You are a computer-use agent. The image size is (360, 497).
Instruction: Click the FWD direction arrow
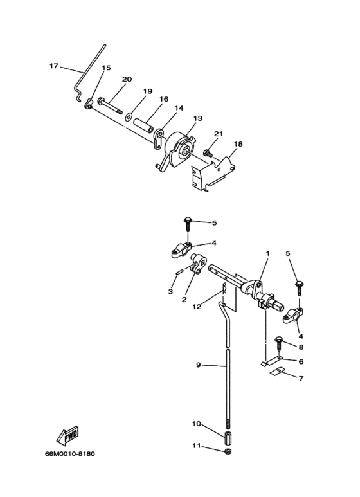pyautogui.click(x=67, y=436)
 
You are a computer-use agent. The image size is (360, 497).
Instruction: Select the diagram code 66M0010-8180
pyautogui.click(x=69, y=454)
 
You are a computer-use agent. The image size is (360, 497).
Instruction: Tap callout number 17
pyautogui.click(x=54, y=66)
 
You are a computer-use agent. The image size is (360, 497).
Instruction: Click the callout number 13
pyautogui.click(x=198, y=118)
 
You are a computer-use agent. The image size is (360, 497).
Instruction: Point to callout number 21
pyautogui.click(x=219, y=134)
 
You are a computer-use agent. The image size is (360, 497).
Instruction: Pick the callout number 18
pyautogui.click(x=238, y=144)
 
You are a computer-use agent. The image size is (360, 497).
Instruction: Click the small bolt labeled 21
pyautogui.click(x=208, y=153)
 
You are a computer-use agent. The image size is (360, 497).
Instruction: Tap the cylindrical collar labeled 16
pyautogui.click(x=143, y=125)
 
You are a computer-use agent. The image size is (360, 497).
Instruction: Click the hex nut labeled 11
pyautogui.click(x=227, y=451)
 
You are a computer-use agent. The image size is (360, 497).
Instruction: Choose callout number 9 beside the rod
pyautogui.click(x=199, y=365)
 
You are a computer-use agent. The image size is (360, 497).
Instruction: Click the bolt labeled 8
pyautogui.click(x=278, y=343)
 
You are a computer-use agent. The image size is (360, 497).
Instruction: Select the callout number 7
pyautogui.click(x=301, y=378)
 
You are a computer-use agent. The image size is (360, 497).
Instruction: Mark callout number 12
pyautogui.click(x=197, y=307)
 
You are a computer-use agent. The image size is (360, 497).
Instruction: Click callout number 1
pyautogui.click(x=268, y=253)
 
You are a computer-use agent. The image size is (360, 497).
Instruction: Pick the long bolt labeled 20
pyautogui.click(x=111, y=106)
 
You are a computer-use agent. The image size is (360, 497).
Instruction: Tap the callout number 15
pyautogui.click(x=107, y=68)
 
